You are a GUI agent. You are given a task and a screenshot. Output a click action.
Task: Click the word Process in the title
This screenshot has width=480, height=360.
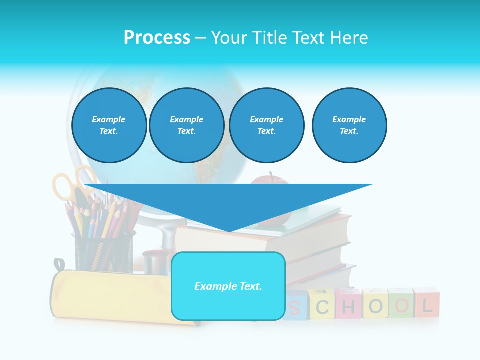(x=157, y=38)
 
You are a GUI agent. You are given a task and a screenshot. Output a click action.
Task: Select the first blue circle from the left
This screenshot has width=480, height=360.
(x=109, y=125)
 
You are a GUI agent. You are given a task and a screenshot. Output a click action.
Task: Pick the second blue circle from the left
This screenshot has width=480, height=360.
(x=186, y=125)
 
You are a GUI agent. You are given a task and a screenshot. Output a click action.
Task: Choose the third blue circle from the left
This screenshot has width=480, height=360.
(x=266, y=125)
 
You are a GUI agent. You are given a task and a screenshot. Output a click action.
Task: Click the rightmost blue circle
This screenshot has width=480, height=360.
(x=349, y=125)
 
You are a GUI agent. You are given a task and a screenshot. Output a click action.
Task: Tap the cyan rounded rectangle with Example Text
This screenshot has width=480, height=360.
(x=228, y=286)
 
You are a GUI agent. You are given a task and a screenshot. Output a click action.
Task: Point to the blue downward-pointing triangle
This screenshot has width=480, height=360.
(x=228, y=202)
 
